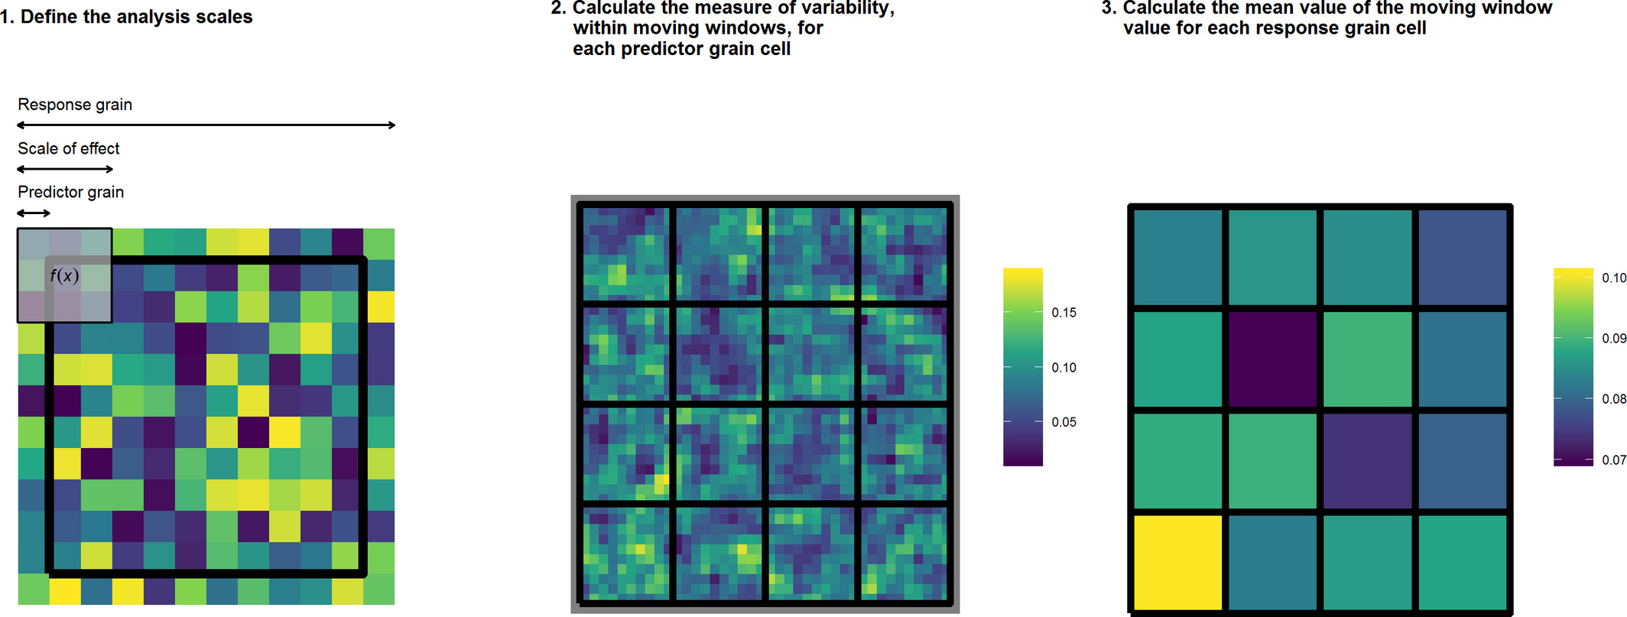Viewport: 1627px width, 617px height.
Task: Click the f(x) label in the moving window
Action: tap(64, 275)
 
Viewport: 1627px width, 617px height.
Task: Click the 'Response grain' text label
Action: tap(75, 105)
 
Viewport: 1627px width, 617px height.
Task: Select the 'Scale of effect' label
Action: tap(69, 148)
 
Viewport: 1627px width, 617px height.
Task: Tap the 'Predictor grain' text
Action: tap(70, 192)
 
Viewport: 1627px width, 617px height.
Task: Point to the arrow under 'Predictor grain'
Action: tap(34, 213)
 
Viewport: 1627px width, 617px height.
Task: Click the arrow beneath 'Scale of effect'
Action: tap(65, 169)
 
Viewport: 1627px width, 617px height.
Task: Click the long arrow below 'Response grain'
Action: tap(206, 125)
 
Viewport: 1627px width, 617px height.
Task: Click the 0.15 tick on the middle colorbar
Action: tap(1064, 312)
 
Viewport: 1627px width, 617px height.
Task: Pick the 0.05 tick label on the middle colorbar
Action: tap(1064, 422)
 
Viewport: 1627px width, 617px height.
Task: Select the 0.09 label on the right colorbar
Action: tap(1613, 338)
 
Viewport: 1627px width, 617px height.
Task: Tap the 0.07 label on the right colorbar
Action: tap(1613, 460)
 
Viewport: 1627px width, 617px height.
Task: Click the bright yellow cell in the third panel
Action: tap(1177, 562)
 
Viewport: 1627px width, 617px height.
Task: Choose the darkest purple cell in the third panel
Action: tap(1272, 359)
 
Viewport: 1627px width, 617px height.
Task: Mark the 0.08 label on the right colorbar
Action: tap(1613, 398)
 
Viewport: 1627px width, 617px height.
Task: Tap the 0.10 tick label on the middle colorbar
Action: tap(1064, 367)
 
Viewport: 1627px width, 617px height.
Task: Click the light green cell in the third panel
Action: tap(1367, 359)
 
